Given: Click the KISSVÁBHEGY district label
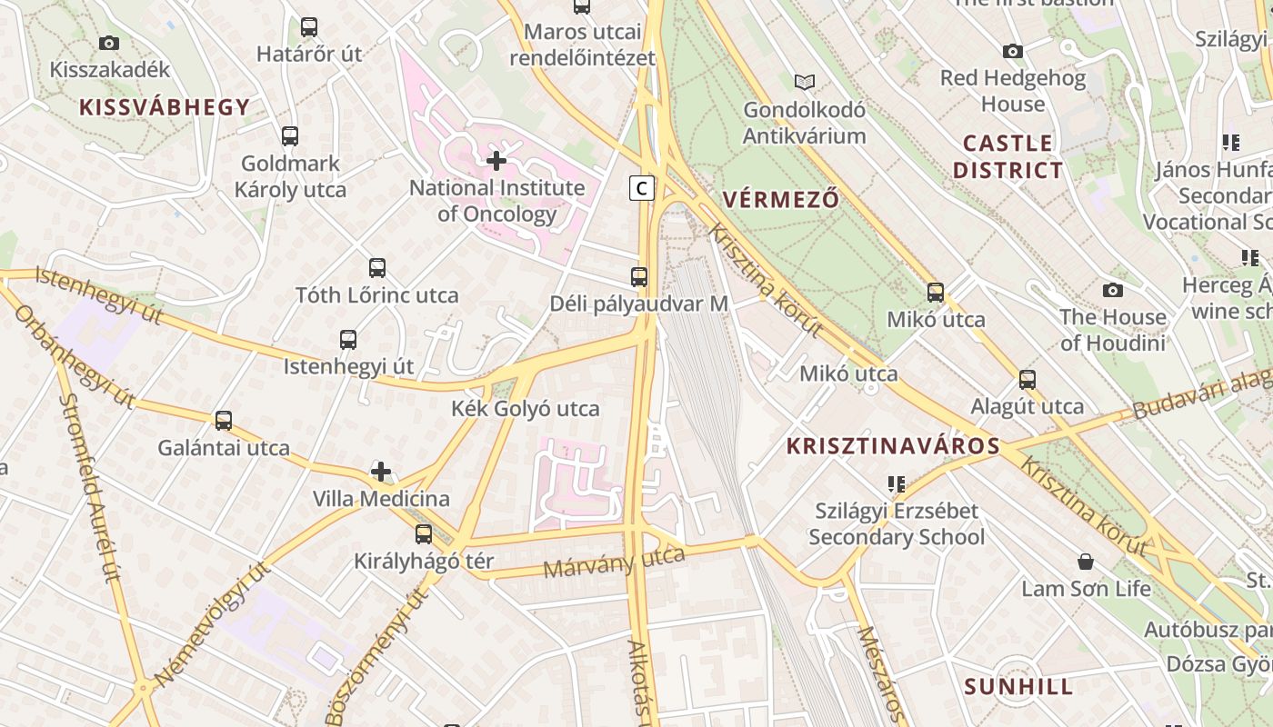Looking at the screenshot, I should point(164,107).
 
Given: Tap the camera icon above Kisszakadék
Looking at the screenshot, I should point(109,43).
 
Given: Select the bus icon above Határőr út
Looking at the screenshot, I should point(309,27).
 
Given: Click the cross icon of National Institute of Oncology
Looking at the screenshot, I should point(496,162).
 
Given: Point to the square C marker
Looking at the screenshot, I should point(642,188).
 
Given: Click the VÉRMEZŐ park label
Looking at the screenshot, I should point(780,199).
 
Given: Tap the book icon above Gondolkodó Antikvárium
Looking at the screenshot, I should point(804,83).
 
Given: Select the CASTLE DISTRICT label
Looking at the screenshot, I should point(1007,156).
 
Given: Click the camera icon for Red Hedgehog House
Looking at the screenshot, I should point(1012,52).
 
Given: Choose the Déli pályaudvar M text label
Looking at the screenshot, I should point(639,304).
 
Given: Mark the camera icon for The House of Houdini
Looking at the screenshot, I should point(1112,291).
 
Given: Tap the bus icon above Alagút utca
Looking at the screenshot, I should point(1027,380).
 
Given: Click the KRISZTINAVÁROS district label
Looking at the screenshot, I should point(893,446).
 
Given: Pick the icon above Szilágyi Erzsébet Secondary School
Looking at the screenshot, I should point(897,484).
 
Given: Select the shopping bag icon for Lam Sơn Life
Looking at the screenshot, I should point(1085,562).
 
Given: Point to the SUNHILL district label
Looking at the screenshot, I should point(1018,686).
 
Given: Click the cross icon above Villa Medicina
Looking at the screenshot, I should point(381,472).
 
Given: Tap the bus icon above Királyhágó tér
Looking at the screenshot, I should point(424,534).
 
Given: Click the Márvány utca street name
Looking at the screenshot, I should point(614,562).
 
